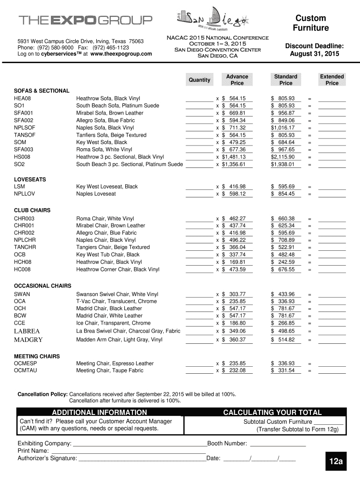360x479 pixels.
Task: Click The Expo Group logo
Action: [x=85, y=21]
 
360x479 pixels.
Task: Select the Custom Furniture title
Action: [x=310, y=23]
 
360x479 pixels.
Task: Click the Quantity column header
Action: [x=199, y=80]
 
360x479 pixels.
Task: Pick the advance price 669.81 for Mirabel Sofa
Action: [x=237, y=113]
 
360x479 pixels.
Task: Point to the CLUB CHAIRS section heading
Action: [x=32, y=210]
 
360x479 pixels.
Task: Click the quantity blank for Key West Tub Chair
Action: [x=199, y=255]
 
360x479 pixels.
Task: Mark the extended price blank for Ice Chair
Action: [x=332, y=323]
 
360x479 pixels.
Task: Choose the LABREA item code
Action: [x=27, y=331]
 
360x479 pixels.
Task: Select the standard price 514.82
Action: [x=285, y=340]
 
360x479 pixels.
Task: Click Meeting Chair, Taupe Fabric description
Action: [x=110, y=370]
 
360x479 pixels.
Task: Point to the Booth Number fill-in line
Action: [x=278, y=444]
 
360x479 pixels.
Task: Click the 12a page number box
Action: [x=335, y=462]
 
